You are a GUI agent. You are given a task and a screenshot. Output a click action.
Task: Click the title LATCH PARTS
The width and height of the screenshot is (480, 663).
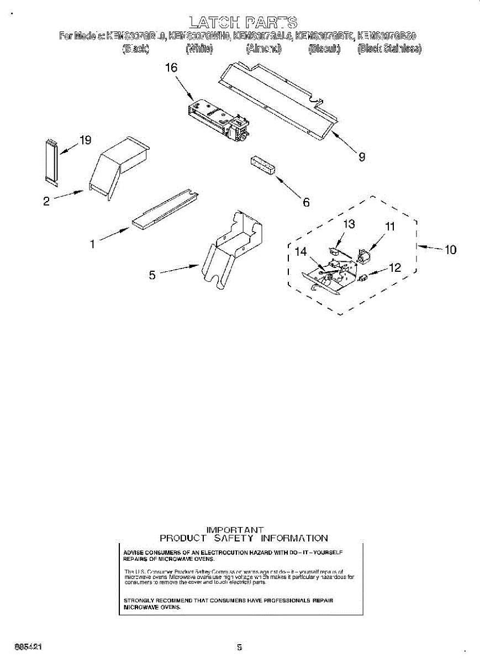[x=243, y=22]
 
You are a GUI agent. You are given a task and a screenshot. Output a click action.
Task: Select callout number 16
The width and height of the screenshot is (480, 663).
[x=171, y=68]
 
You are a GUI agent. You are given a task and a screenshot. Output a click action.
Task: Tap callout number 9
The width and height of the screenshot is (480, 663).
[x=362, y=157]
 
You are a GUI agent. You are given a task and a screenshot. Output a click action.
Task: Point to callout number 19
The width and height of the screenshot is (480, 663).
[x=85, y=140]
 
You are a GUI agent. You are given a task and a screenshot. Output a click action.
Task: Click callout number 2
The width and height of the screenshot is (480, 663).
[x=46, y=201]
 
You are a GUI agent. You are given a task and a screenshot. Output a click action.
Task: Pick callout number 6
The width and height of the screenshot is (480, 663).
[x=306, y=202]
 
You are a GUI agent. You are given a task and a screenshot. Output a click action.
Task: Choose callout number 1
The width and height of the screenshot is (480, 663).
[x=92, y=243]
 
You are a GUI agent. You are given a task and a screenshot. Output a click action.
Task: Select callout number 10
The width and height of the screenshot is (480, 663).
[x=450, y=250]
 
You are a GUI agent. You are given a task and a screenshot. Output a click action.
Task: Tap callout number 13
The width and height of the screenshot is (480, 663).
[x=349, y=224]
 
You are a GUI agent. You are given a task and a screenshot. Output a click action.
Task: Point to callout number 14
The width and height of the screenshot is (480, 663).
[x=300, y=251]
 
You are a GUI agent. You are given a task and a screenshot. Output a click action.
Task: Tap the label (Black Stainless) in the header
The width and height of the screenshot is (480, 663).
[x=389, y=49]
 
